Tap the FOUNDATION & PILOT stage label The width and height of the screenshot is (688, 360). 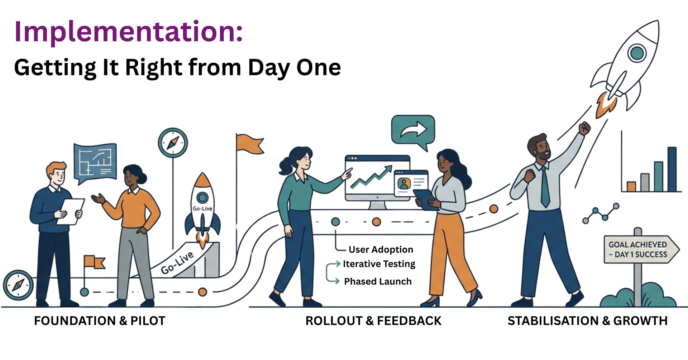pyautogui.click(x=100, y=321)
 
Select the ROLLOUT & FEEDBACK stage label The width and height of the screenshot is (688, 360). pyautogui.click(x=373, y=321)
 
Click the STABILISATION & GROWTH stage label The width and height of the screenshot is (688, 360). pyautogui.click(x=588, y=321)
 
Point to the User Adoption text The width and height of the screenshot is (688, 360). pyautogui.click(x=381, y=250)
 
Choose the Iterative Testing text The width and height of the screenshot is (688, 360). pyautogui.click(x=379, y=264)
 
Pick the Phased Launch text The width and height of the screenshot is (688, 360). pyautogui.click(x=378, y=282)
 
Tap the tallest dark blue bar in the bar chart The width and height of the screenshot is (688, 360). pyautogui.click(x=672, y=169)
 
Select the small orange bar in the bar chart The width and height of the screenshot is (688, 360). pyautogui.click(x=631, y=187)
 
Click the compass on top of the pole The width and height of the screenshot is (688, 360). pyautogui.click(x=173, y=143)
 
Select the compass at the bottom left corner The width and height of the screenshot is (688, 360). pyautogui.click(x=18, y=285)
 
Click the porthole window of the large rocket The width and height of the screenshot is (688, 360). pyautogui.click(x=637, y=53)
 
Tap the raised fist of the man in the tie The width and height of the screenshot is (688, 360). pyautogui.click(x=584, y=128)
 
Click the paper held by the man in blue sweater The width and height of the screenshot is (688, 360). pyautogui.click(x=71, y=212)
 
